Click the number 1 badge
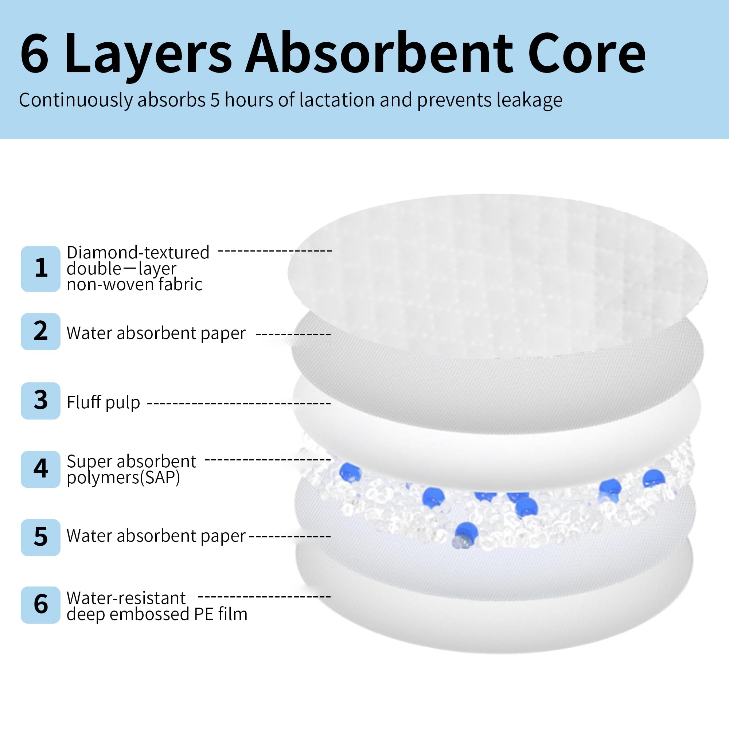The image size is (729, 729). point(40,269)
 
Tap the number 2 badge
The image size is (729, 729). point(40,331)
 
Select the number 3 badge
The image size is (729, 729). point(40,401)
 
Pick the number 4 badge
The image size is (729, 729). point(40,469)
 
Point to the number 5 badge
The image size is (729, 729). point(40,537)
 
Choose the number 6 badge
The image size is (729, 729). point(40,605)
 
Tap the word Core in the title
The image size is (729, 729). point(587,54)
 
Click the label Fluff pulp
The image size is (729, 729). point(104,402)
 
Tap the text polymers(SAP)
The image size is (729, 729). point(124,478)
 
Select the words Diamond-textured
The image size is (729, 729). point(138,252)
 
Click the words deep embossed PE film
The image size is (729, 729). point(157,614)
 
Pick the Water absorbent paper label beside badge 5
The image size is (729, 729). point(156,536)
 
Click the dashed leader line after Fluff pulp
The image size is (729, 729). point(239,404)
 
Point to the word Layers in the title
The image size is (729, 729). point(148,56)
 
